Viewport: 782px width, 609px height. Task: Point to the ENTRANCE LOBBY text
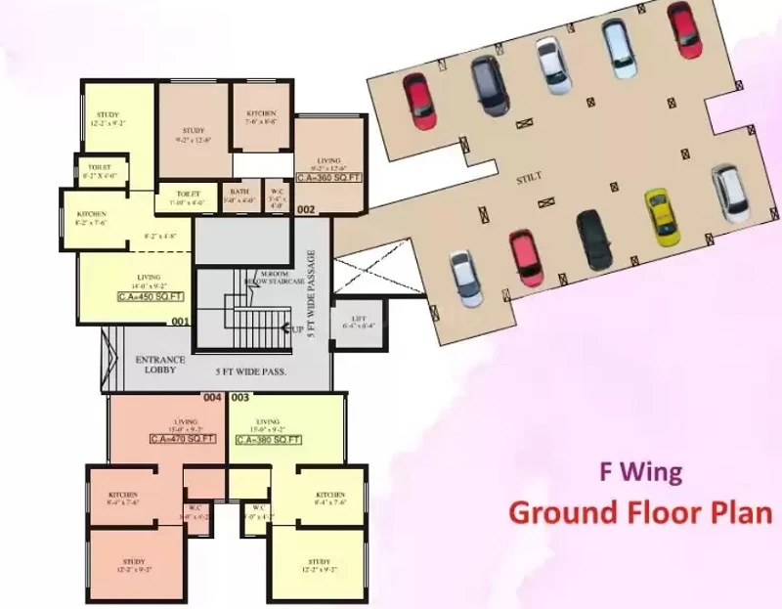pyautogui.click(x=159, y=366)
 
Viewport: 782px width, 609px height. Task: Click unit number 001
pyautogui.click(x=180, y=322)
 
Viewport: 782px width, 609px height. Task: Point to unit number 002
pyautogui.click(x=306, y=209)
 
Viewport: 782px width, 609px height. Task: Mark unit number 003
pyautogui.click(x=240, y=398)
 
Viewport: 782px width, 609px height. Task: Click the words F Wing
pyautogui.click(x=640, y=472)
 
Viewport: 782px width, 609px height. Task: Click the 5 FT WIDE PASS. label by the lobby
pyautogui.click(x=244, y=371)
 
